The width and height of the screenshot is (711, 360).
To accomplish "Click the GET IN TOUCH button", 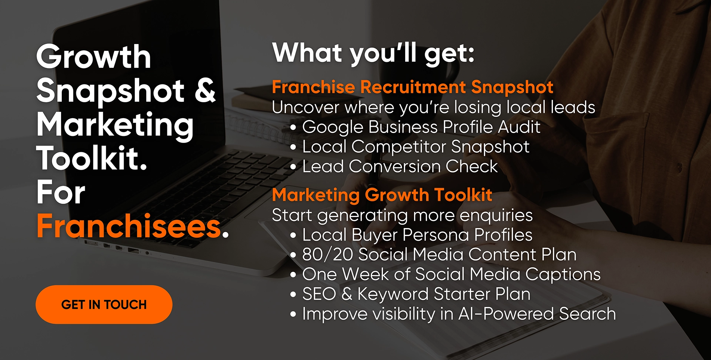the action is tap(104, 304).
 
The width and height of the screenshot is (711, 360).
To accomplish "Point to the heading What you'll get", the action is tap(373, 54).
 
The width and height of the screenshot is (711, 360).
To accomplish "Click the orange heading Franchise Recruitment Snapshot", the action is tap(413, 87).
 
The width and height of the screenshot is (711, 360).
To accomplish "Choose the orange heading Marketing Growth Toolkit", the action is tap(382, 195).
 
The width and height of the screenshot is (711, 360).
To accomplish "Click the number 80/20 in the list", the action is tap(327, 254).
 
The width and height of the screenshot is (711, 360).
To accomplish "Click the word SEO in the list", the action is tap(319, 294).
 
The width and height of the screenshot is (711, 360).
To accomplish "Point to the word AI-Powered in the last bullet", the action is tap(506, 314).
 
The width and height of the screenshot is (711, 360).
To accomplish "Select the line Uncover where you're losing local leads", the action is tap(434, 107).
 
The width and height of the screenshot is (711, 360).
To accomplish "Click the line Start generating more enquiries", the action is tap(402, 216).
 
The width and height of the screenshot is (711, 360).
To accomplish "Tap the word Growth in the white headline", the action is tap(94, 57).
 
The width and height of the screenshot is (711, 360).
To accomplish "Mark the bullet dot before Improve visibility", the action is tap(293, 314).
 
